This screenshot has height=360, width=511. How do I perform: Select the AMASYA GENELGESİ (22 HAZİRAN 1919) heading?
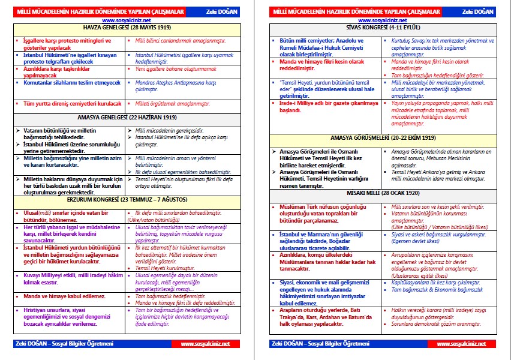point(127,118)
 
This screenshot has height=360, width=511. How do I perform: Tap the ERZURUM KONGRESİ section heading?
point(127,199)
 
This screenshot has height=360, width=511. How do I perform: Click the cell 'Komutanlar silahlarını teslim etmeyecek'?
point(68,82)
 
